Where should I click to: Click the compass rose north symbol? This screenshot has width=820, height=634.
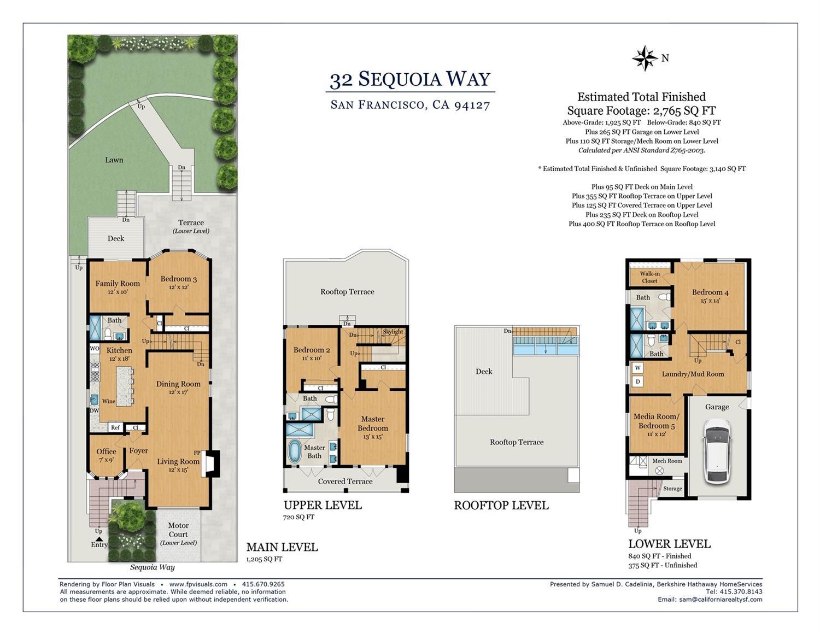coord(645,58)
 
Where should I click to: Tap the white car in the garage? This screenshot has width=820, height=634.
coord(717,451)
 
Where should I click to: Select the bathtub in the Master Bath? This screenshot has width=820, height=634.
coord(295,451)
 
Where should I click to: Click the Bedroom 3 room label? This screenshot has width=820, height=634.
coord(178,279)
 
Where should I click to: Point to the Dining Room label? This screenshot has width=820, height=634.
coord(178,384)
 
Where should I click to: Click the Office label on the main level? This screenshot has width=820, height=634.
coord(106,451)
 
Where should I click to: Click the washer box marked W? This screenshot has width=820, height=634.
coord(637,368)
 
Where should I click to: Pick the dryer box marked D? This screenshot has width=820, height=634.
coord(637,381)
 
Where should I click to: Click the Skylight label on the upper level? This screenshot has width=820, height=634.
coord(393,332)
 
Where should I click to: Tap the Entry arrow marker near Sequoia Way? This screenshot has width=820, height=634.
coord(99,539)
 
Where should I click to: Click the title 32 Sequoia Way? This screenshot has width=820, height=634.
coord(410,80)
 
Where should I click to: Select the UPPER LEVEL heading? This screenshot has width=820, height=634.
coord(323,505)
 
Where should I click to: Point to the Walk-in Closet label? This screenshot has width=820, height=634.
coord(649,277)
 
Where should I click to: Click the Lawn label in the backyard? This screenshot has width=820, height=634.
coord(114,160)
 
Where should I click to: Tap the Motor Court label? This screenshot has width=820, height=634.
coord(178,530)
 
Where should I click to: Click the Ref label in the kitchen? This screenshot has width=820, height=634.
coord(115,427)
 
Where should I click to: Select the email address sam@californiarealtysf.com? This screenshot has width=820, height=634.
coord(721,600)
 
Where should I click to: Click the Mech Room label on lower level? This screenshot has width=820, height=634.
coord(667,461)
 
